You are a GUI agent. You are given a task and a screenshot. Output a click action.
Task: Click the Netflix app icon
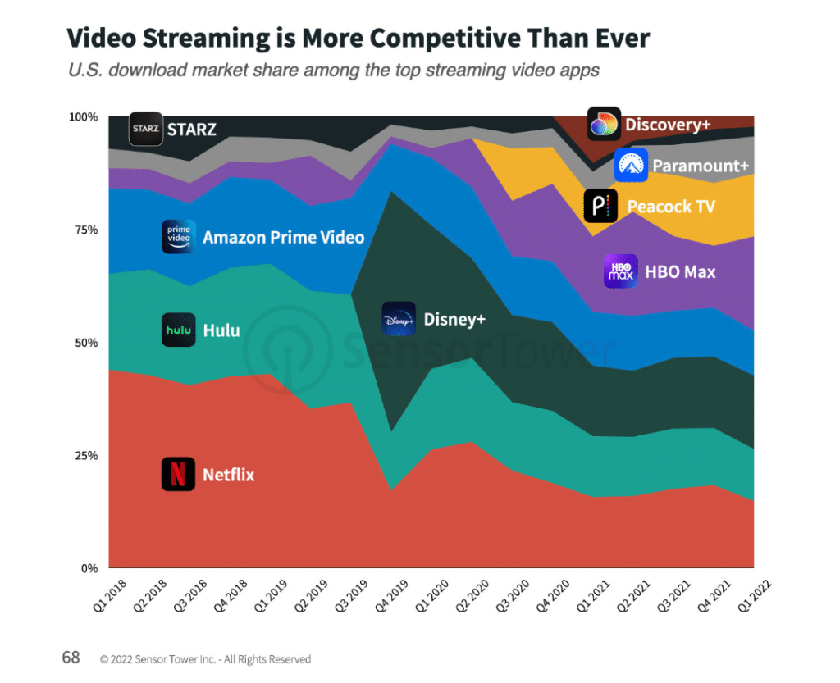178,474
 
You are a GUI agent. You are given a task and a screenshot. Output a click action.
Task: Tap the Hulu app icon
178,330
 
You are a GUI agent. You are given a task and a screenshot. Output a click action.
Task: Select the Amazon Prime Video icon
179,237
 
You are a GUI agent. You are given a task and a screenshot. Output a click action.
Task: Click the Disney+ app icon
399,319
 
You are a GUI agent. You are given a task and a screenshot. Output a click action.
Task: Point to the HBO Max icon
620,271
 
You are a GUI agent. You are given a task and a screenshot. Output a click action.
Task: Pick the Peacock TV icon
600,206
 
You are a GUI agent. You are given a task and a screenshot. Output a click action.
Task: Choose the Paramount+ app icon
631,166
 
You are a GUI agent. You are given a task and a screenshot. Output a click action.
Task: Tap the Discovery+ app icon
604,124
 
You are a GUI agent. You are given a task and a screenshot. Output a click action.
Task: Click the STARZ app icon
146,129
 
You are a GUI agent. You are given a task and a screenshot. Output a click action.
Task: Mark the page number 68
71,658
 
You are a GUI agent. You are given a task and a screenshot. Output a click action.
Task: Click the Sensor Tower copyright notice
205,658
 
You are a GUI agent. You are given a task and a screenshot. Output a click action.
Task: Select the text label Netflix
228,475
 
